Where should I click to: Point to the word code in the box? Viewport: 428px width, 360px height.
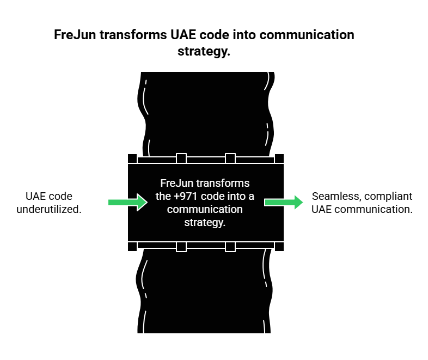tap(213, 197)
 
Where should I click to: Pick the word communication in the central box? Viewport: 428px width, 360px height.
tap(205, 210)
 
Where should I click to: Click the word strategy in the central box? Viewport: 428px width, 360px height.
tap(204, 223)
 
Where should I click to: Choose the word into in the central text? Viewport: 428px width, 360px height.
tap(237, 197)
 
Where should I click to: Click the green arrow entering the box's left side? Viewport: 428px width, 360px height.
tap(127, 202)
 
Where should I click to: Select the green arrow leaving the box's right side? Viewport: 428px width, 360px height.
tap(284, 202)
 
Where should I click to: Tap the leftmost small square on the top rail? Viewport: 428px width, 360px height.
tap(132, 158)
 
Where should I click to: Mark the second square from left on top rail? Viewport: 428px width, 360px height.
tap(181, 158)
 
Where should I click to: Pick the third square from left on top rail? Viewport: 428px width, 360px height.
tap(230, 158)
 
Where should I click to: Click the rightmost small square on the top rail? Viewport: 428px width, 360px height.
tap(279, 158)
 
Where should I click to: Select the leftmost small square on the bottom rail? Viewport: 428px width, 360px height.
tap(132, 247)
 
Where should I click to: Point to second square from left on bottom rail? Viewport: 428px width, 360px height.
tap(181, 247)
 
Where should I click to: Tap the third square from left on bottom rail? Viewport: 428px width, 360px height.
tap(230, 247)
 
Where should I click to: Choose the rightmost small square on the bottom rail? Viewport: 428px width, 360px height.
tap(279, 247)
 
